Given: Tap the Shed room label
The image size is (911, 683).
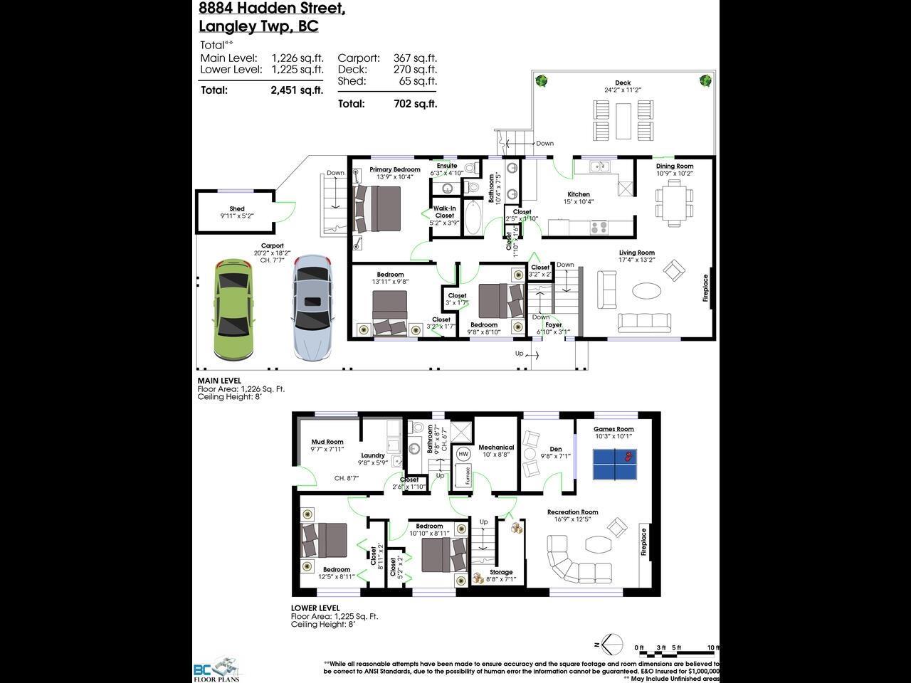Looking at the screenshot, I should point(237,209).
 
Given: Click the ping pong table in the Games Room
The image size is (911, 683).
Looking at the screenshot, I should point(615,464).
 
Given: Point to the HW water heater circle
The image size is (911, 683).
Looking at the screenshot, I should point(464,454).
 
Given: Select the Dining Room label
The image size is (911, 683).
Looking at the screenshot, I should point(674,166).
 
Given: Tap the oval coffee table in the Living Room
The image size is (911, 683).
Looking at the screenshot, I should point(646,290).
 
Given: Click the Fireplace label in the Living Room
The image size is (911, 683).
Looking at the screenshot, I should point(706,288).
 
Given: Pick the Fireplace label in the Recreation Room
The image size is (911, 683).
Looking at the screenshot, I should point(643,542).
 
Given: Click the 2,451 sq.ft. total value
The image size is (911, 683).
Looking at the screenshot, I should point(297,90).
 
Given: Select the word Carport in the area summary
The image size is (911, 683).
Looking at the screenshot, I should point(359,58).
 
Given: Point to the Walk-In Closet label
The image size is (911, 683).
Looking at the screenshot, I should point(444,212).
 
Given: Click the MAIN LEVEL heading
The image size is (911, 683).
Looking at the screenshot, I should point(219,381).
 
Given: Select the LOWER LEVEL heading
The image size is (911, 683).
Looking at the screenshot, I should point(315,608).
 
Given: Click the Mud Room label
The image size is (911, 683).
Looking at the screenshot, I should point(327,442).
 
